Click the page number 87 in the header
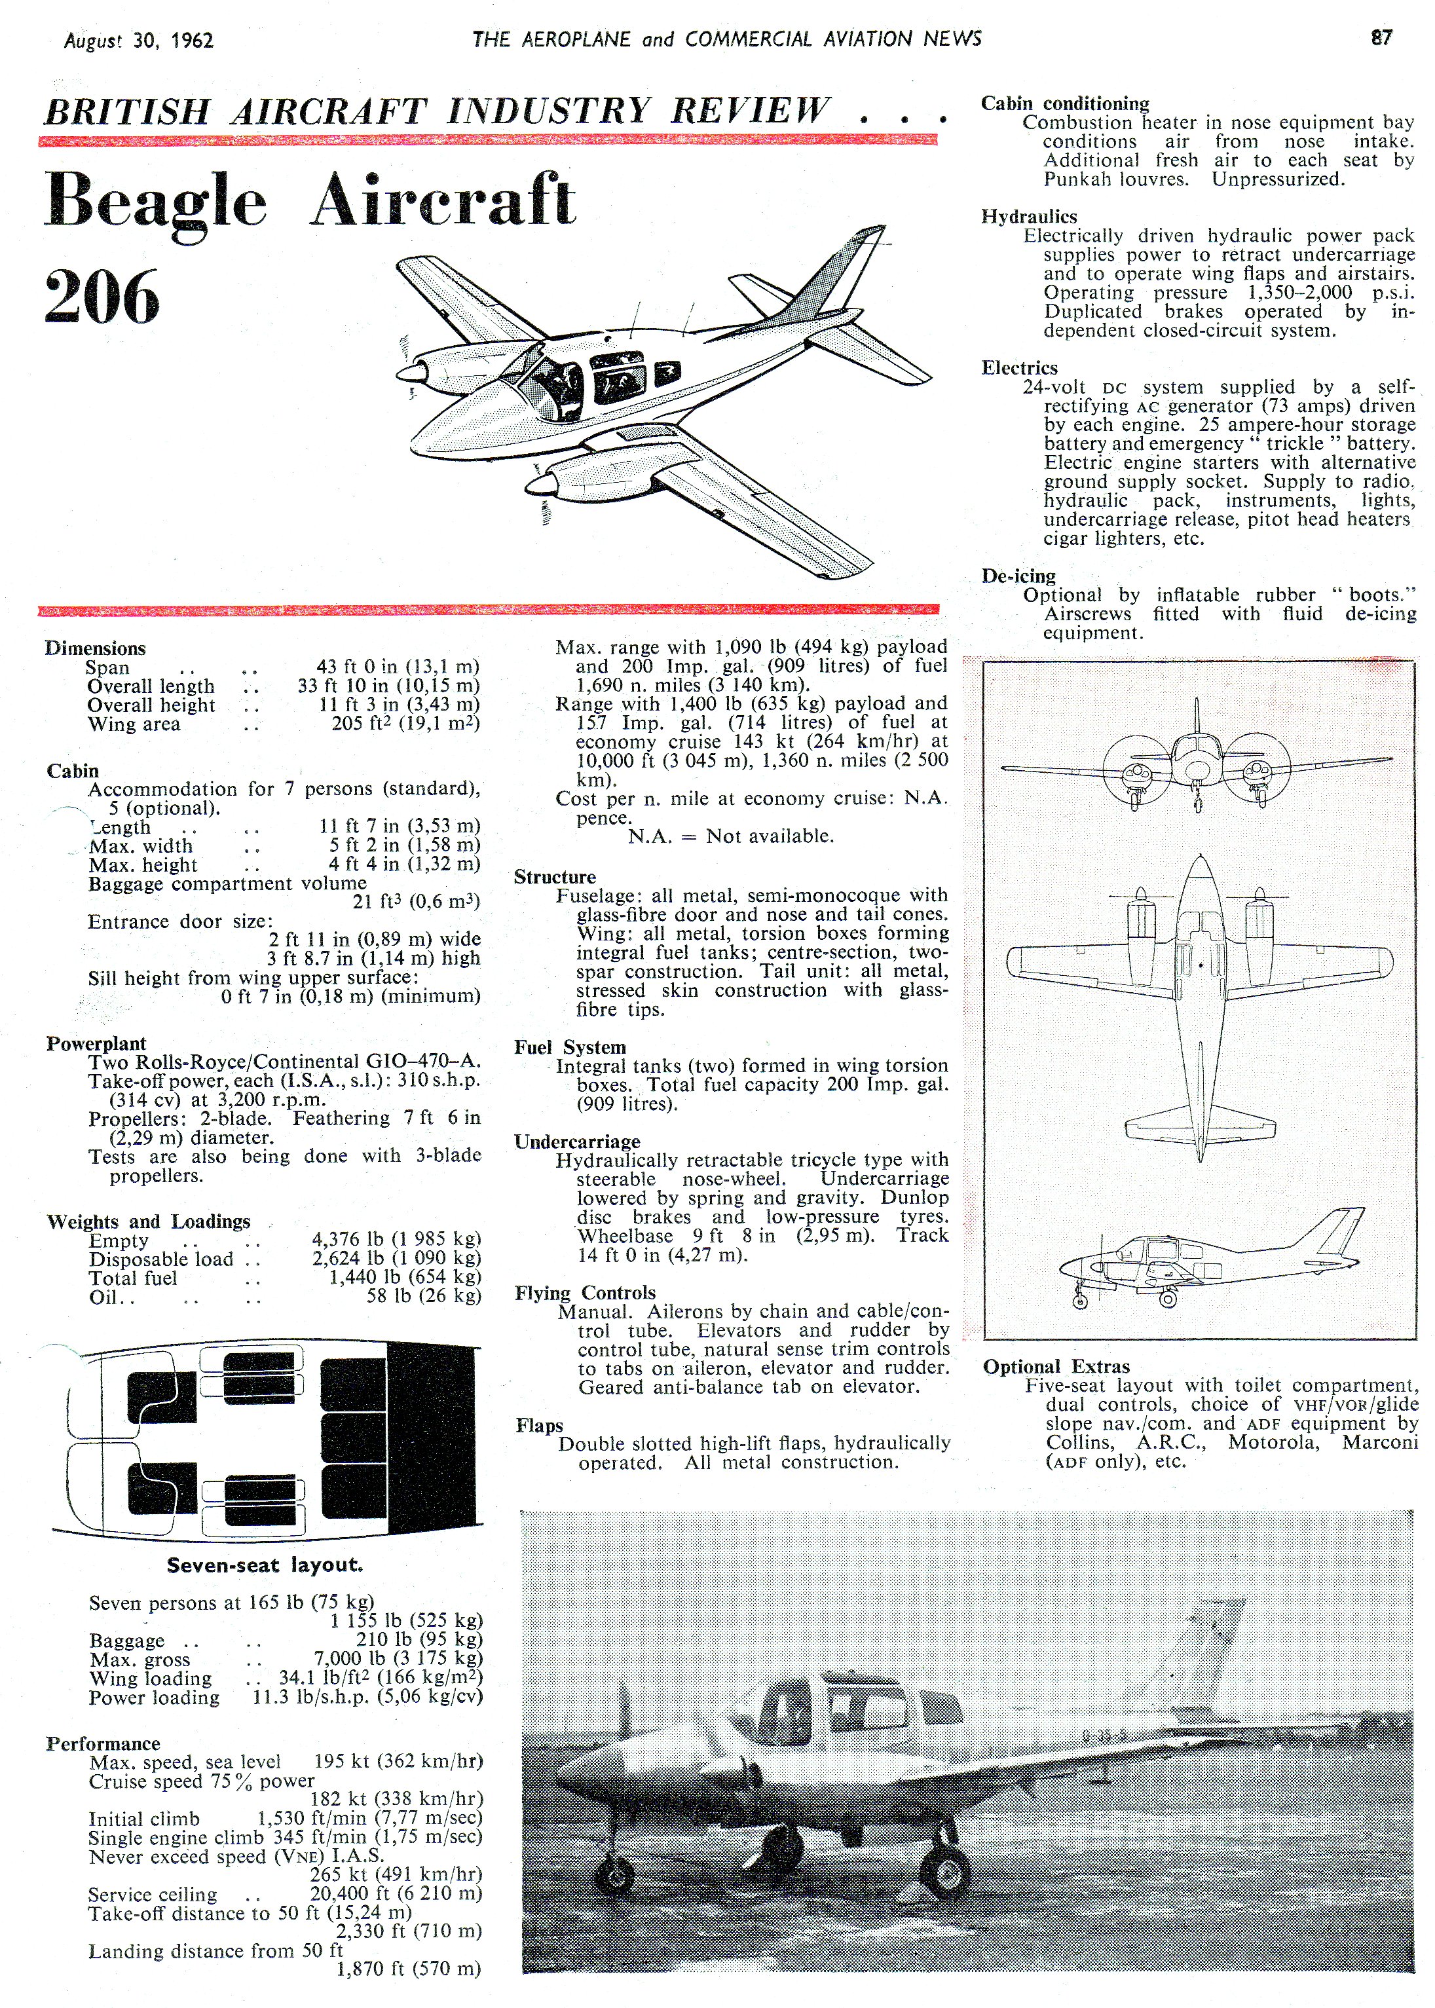(1381, 38)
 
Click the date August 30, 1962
(139, 41)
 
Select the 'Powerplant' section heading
(96, 1043)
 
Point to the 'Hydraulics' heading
(1028, 216)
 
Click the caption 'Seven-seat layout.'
(264, 1565)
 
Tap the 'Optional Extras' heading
(1056, 1367)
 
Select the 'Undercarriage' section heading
(577, 1142)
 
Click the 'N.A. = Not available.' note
(731, 836)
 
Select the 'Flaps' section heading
(539, 1425)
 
